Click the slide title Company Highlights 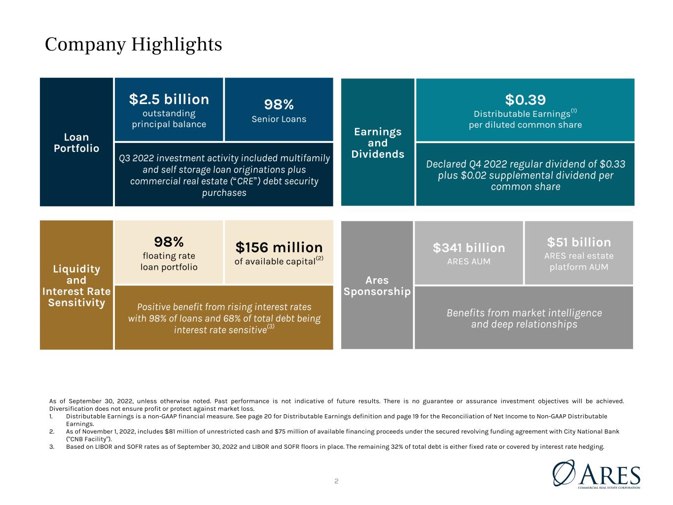click(134, 45)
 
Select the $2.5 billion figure click(169, 99)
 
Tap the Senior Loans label click(279, 119)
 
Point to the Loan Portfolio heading click(76, 143)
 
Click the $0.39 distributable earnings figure click(525, 100)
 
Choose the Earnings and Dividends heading click(378, 143)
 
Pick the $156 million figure click(279, 248)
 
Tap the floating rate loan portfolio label click(169, 261)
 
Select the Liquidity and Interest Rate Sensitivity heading click(76, 286)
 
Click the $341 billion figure click(469, 248)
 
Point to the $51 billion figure click(579, 242)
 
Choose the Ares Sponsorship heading click(377, 286)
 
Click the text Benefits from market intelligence click(524, 313)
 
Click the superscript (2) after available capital click(319, 258)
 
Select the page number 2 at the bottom click(336, 481)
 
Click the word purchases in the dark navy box click(224, 192)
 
